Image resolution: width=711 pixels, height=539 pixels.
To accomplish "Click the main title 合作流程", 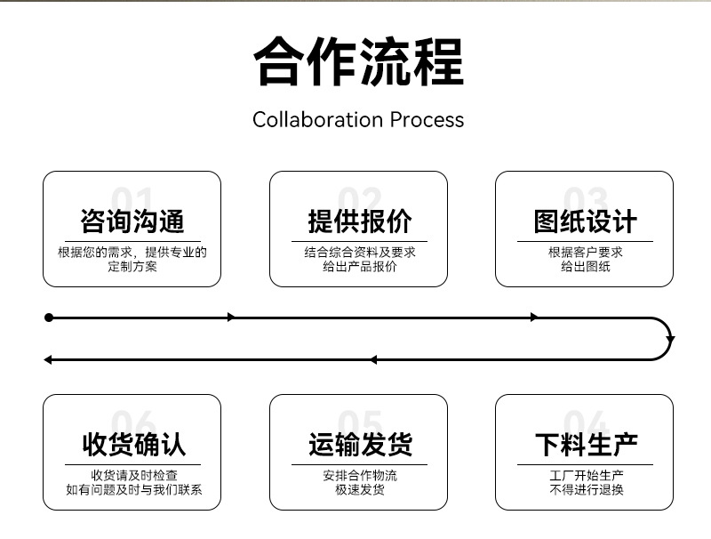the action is [359, 61].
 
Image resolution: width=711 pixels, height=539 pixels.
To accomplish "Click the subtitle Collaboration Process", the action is [358, 120].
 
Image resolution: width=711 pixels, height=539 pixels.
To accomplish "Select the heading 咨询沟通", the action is [132, 221].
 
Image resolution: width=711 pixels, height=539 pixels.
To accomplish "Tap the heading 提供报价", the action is [360, 221].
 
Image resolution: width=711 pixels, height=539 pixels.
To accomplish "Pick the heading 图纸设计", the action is [586, 221].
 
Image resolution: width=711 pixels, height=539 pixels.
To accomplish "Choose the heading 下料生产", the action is [587, 445].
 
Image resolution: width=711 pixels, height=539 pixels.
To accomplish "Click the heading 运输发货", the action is [361, 445].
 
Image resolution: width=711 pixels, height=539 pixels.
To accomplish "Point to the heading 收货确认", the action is [134, 445].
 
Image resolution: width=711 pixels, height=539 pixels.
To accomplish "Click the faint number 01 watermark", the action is [132, 198].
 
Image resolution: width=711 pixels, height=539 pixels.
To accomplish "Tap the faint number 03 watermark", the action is [586, 198].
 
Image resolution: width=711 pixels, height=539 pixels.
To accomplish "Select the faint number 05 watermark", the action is [360, 422].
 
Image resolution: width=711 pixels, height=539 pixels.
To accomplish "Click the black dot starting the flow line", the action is [49, 318].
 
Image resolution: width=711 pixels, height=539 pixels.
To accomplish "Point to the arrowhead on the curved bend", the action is [670, 340].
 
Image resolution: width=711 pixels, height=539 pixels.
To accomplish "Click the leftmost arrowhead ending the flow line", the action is [48, 360].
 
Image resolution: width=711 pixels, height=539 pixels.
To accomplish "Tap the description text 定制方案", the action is [132, 266].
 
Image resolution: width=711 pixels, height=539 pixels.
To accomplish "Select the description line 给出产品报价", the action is [360, 266].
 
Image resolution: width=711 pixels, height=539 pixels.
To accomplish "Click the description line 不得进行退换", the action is [587, 489].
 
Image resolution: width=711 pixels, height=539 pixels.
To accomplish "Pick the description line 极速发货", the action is [360, 489].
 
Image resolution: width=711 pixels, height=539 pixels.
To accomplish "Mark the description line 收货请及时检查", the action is [134, 476].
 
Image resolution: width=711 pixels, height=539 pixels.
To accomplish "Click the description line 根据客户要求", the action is [586, 253].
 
